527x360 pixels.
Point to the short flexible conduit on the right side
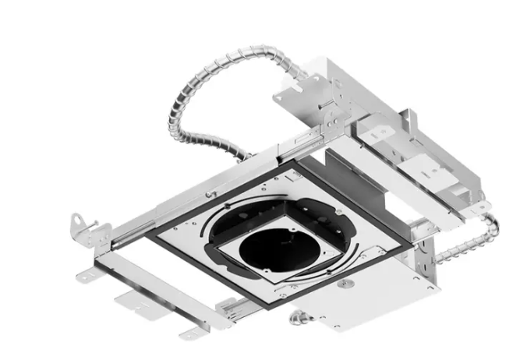coord(468,238)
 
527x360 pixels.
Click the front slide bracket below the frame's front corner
coord(234,308)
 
